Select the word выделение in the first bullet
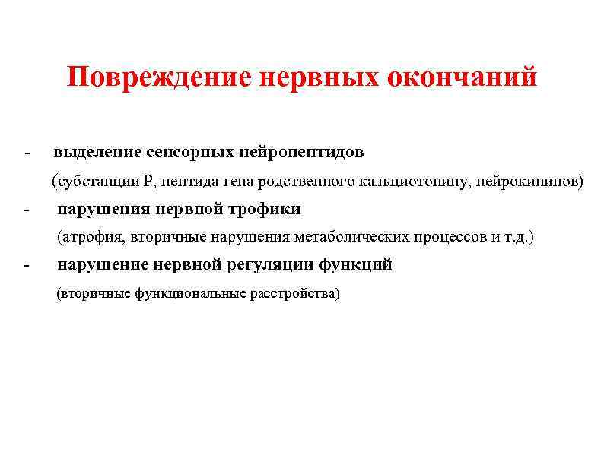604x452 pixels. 92,153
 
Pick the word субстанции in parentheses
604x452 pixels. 97,182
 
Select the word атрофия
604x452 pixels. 92,237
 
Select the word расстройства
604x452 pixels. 291,294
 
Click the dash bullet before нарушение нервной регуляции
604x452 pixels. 27,266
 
